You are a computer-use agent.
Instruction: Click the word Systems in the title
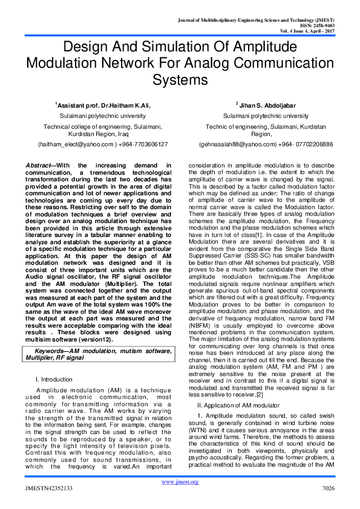(180, 80)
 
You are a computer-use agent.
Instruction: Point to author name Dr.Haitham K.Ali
(123, 105)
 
